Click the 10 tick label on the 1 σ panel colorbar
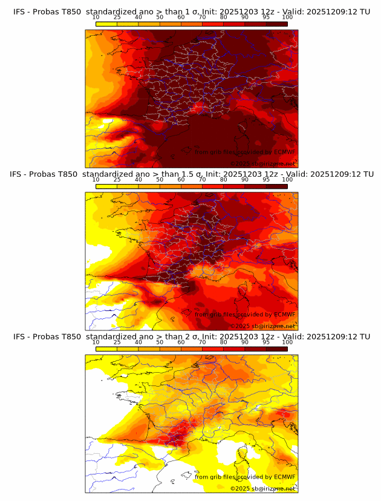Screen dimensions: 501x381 pos(96,18)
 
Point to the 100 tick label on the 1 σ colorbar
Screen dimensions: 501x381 pos(287,18)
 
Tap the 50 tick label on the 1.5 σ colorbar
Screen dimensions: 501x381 pos(160,180)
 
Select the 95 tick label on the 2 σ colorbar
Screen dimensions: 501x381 pos(266,342)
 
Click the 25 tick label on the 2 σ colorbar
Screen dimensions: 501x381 pos(117,342)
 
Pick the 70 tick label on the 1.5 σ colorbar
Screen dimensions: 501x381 pos(202,180)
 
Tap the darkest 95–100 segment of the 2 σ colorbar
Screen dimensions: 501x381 pos(276,348)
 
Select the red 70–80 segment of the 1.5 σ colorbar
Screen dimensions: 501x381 pos(213,186)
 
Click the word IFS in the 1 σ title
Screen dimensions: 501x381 pos(19,11)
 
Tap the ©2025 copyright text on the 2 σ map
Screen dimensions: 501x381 pos(241,488)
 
